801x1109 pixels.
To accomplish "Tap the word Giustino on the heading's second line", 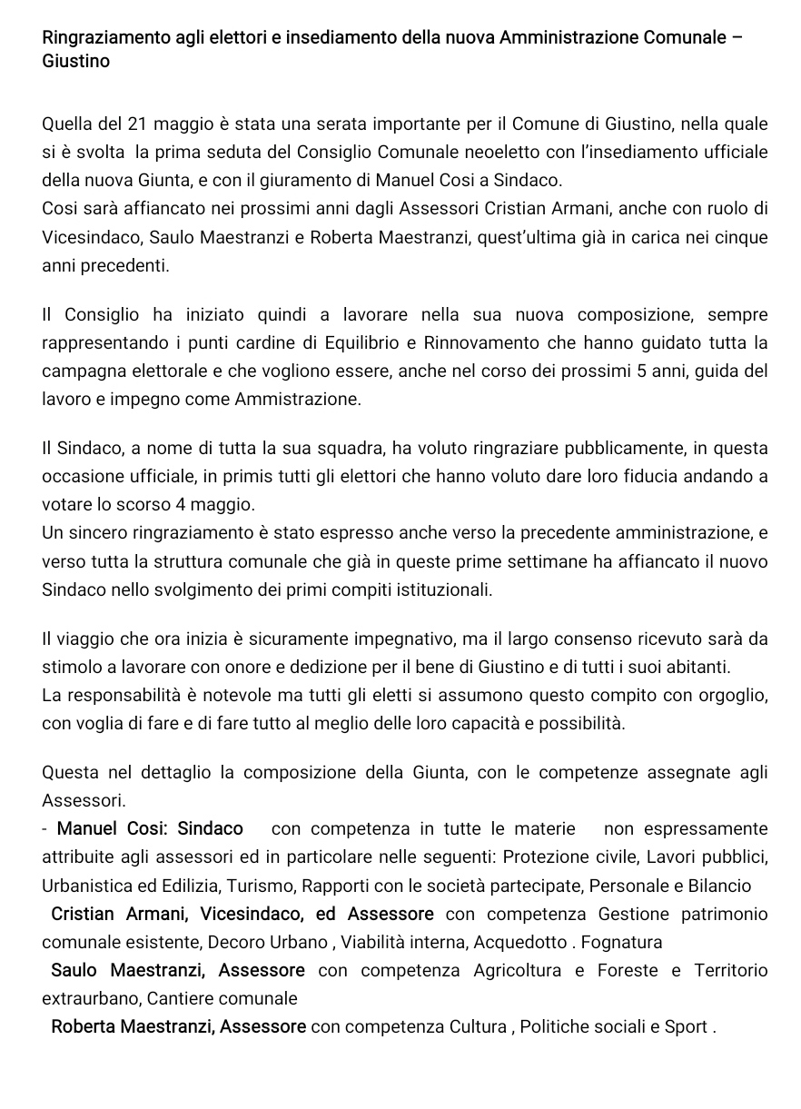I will [76, 62].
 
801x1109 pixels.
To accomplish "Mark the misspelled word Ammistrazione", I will [298, 399].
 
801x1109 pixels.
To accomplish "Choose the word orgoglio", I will [731, 695].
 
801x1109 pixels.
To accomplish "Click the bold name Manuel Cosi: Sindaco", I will [150, 828].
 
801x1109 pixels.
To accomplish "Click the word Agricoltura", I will [518, 970].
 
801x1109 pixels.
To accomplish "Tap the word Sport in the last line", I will [686, 1027].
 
